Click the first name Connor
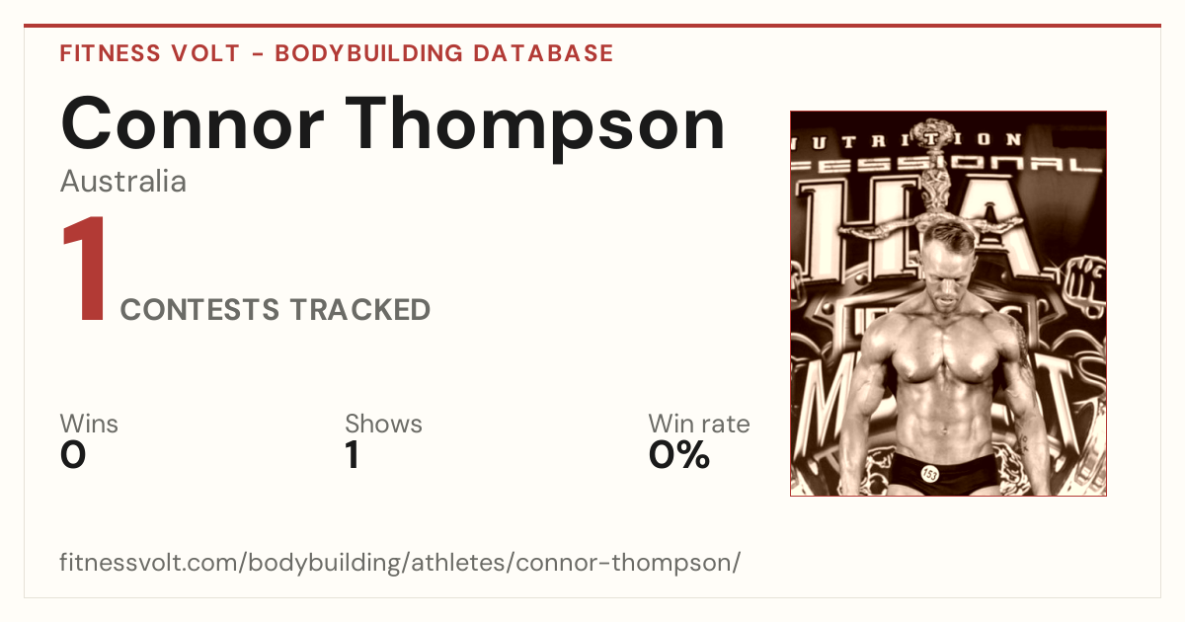pyautogui.click(x=192, y=123)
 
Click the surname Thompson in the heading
pyautogui.click(x=535, y=128)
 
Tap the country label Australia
pyautogui.click(x=123, y=182)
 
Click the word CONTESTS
pyautogui.click(x=199, y=310)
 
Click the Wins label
pyautogui.click(x=89, y=424)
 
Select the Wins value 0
pyautogui.click(x=73, y=455)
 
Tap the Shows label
pyautogui.click(x=383, y=424)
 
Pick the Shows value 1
pyautogui.click(x=353, y=455)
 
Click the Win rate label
pyautogui.click(x=699, y=424)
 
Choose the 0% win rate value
pyautogui.click(x=679, y=455)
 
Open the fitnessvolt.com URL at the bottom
pyautogui.click(x=400, y=563)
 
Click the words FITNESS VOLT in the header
pyautogui.click(x=150, y=53)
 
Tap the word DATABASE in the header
pyautogui.click(x=543, y=53)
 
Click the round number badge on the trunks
pyautogui.click(x=929, y=473)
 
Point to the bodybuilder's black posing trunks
pyautogui.click(x=943, y=474)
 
